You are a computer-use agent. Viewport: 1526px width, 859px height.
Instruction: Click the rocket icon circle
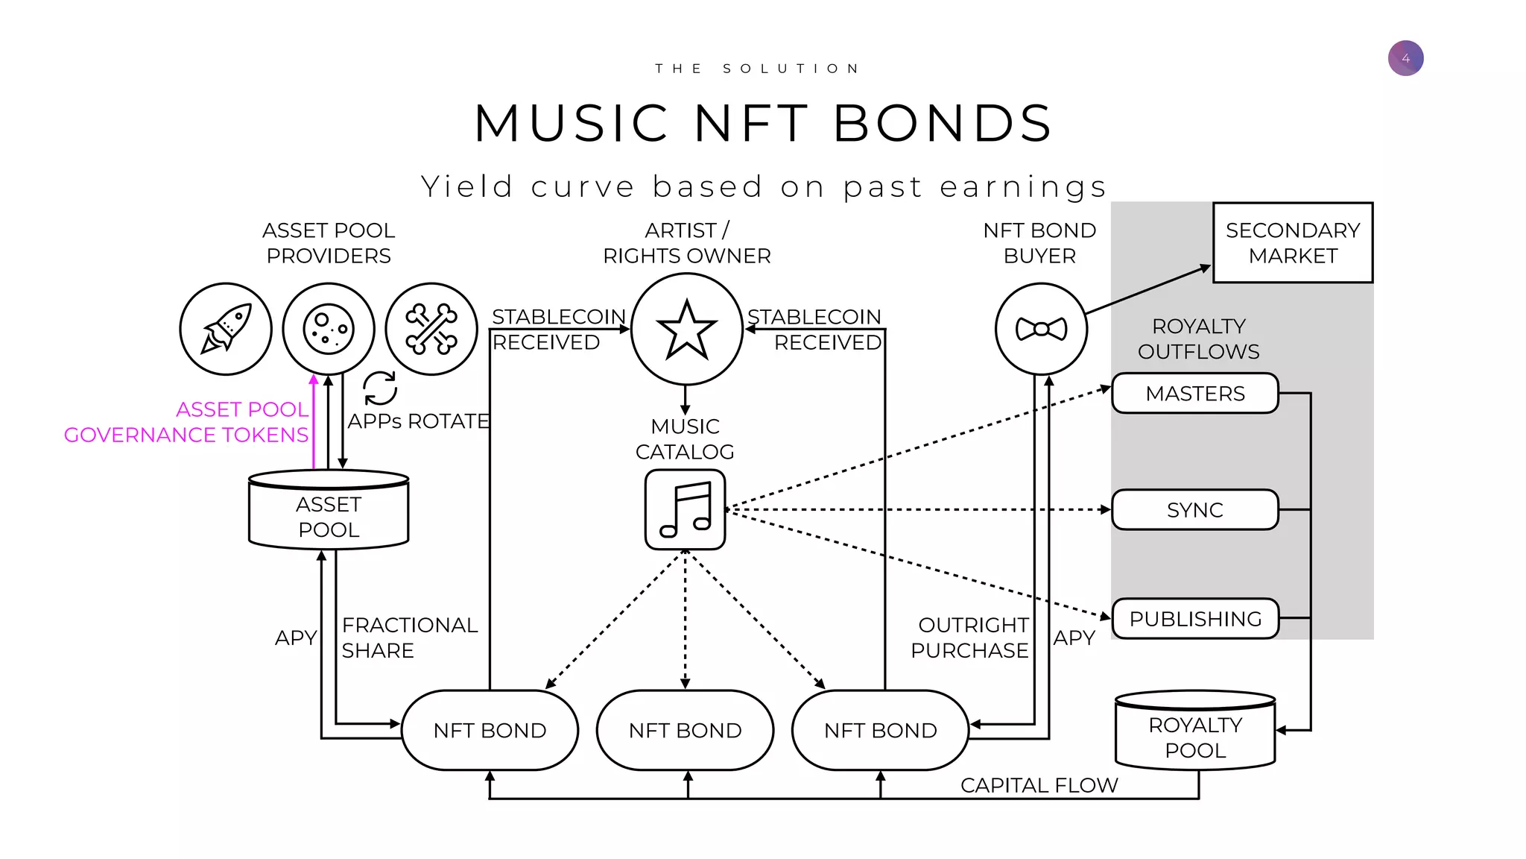tap(226, 329)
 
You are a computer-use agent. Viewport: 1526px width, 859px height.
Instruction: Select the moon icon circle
tap(329, 329)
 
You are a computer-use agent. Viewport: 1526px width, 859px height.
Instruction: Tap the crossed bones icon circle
tap(431, 329)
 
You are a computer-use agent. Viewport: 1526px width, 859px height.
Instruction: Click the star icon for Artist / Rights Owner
tap(686, 329)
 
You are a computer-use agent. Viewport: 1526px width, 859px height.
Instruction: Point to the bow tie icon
tap(1041, 329)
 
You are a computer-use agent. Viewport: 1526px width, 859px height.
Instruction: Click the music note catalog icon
tap(685, 510)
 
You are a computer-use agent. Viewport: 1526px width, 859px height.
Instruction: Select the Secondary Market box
tap(1293, 243)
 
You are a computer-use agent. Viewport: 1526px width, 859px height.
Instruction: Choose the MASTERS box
tap(1194, 394)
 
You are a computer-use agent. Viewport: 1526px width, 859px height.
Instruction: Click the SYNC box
tap(1194, 510)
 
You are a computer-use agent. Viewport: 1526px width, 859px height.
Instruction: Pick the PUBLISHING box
tap(1194, 619)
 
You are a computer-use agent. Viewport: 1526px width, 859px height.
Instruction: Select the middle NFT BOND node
tap(685, 730)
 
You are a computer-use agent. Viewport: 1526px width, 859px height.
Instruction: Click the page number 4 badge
tap(1405, 58)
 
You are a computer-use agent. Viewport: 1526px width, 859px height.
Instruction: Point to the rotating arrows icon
tap(380, 388)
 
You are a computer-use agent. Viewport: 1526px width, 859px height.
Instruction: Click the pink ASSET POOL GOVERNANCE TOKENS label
tap(186, 422)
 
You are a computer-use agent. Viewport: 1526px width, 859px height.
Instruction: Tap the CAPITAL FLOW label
tap(1039, 785)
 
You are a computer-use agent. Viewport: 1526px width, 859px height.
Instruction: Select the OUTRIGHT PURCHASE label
tap(970, 638)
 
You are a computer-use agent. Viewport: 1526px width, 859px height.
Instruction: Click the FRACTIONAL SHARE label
tap(408, 638)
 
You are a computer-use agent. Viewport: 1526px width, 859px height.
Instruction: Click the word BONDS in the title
tap(942, 124)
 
